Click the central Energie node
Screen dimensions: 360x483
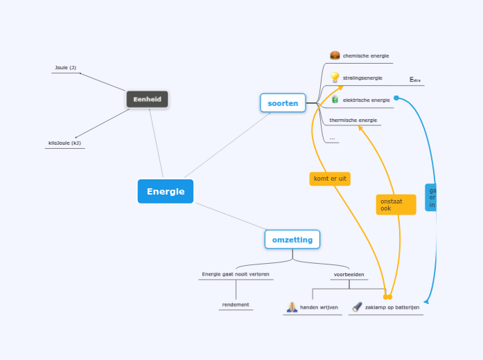coord(166,191)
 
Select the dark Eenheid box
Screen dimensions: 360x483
coord(147,99)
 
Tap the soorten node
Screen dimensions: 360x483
coord(283,103)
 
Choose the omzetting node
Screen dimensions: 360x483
coord(292,240)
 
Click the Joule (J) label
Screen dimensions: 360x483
coord(65,68)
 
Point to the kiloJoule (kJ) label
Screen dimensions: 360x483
coord(64,143)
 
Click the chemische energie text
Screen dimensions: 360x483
coord(366,55)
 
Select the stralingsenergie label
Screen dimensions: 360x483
coord(362,78)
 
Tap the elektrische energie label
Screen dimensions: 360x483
coord(366,100)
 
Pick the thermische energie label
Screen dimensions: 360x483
coord(353,120)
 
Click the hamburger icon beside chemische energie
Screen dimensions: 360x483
coord(335,55)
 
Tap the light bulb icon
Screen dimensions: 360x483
coord(335,77)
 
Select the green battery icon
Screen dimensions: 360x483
coord(335,100)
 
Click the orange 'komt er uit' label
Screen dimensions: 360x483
coord(330,179)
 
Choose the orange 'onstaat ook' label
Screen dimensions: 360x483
coord(395,204)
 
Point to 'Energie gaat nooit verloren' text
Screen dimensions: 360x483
coord(236,274)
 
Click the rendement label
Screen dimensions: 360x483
coord(236,305)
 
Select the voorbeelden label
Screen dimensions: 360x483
coord(349,274)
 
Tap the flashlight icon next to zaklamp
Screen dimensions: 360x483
coord(357,307)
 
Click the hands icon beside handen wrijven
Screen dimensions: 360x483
coord(292,307)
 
